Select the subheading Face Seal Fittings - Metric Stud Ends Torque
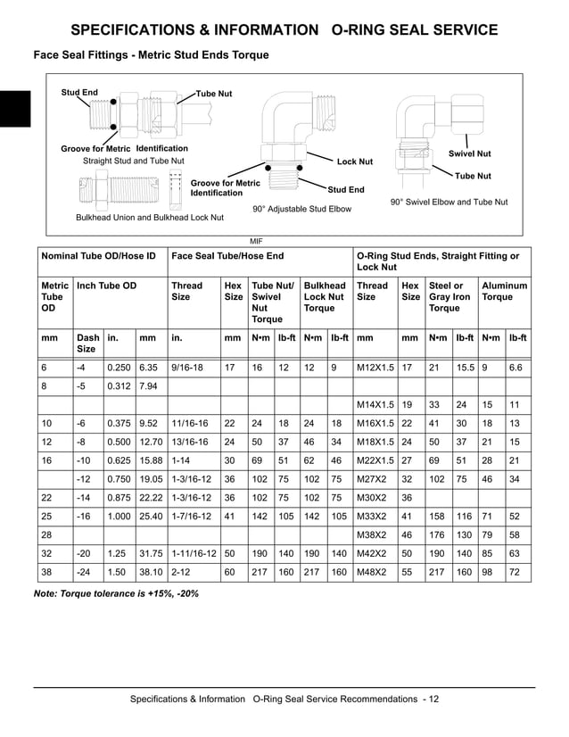click(x=151, y=55)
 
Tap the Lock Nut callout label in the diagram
click(x=354, y=161)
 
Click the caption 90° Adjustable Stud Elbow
click(x=301, y=209)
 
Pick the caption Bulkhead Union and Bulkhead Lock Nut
click(x=150, y=217)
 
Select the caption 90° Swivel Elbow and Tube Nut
click(x=449, y=203)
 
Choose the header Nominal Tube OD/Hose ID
click(x=99, y=256)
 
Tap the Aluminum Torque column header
click(x=504, y=292)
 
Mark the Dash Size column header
click(x=88, y=344)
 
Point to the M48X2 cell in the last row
click(x=372, y=573)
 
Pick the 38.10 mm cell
click(x=151, y=573)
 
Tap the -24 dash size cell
click(x=85, y=573)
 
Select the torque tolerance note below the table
click(x=116, y=593)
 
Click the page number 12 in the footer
click(x=433, y=699)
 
